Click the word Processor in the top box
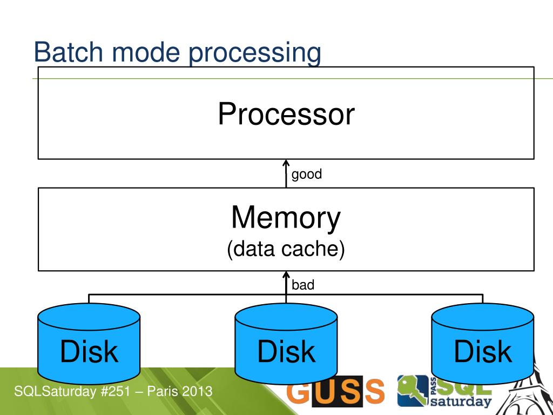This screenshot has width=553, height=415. [x=286, y=113]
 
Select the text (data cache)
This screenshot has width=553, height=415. [x=286, y=249]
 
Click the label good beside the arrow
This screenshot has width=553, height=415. [x=307, y=175]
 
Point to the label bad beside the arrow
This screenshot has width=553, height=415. [x=303, y=285]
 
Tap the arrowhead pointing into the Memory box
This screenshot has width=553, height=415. [x=286, y=275]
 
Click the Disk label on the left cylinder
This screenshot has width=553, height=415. [x=89, y=351]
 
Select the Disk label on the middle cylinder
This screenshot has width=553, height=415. [x=286, y=351]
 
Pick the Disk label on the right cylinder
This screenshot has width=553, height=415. [x=483, y=351]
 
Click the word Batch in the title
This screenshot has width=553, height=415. [x=69, y=52]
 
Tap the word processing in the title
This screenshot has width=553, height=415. [x=255, y=53]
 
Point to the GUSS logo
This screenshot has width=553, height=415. [x=335, y=391]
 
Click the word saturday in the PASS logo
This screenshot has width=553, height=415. [x=461, y=401]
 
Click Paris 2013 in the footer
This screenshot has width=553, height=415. [x=180, y=391]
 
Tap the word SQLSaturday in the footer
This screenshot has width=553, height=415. [x=56, y=391]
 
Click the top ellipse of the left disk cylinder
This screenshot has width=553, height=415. [x=89, y=317]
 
